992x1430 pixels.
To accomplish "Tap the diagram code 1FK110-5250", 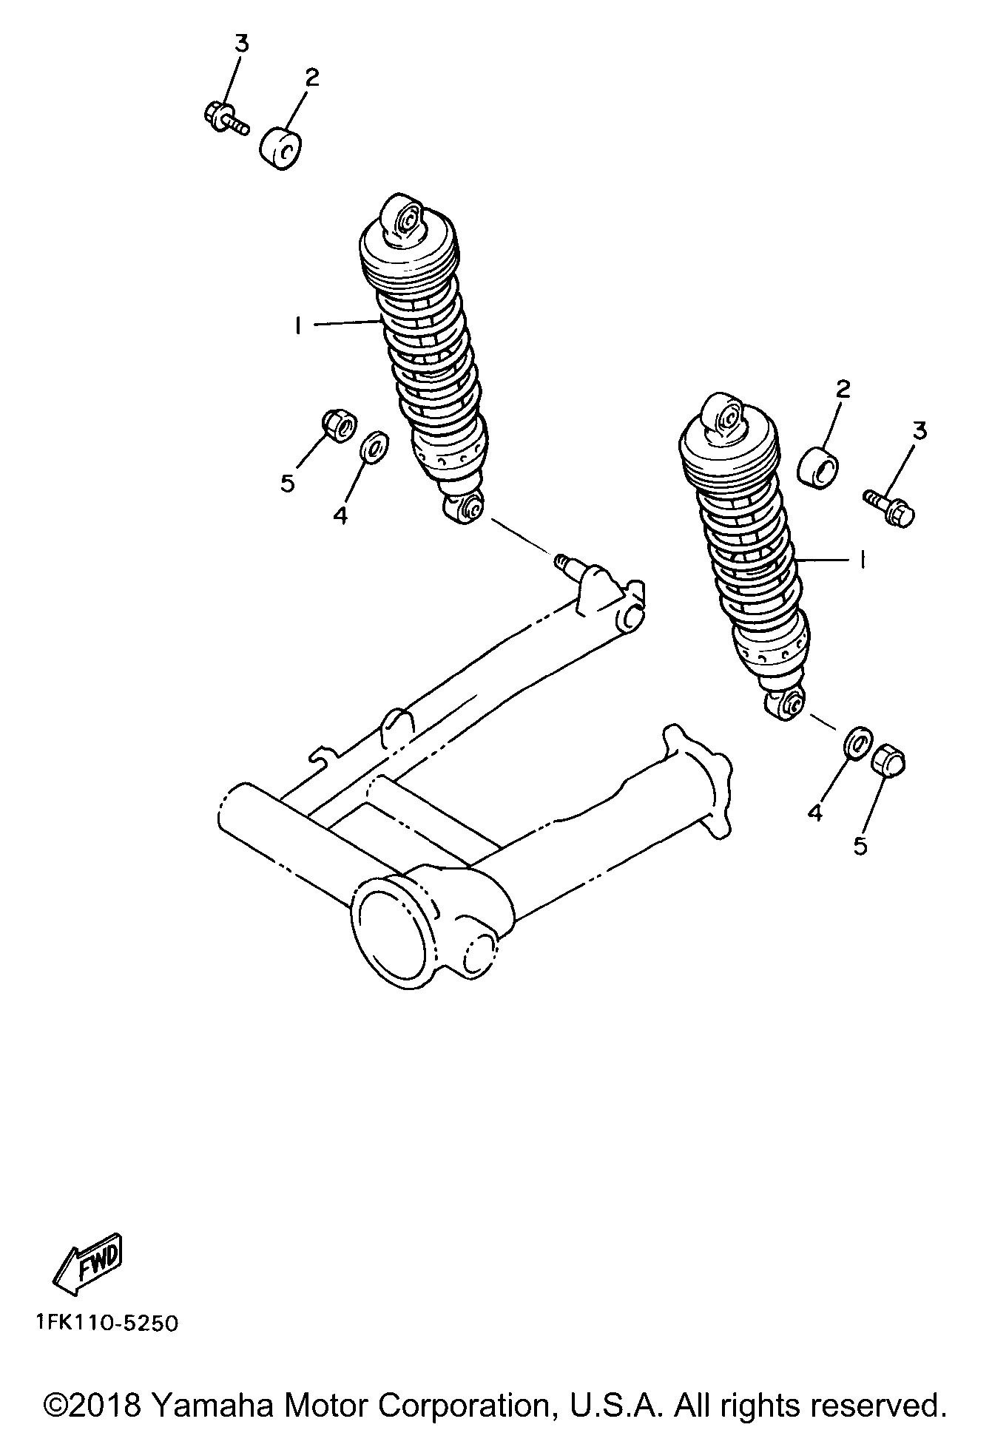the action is point(105,1323).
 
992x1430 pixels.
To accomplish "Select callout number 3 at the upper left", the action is point(242,44).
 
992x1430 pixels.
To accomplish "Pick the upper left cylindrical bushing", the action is point(281,149).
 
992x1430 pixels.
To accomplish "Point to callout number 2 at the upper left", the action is point(312,78).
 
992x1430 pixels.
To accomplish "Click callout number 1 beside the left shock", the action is point(297,325).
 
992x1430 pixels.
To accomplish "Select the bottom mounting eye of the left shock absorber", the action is point(464,508).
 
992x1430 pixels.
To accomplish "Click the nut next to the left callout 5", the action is point(339,425).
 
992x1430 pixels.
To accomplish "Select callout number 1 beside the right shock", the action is point(863,560).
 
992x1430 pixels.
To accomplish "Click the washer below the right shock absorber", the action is point(856,743).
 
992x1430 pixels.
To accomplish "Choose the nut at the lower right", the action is point(888,762).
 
